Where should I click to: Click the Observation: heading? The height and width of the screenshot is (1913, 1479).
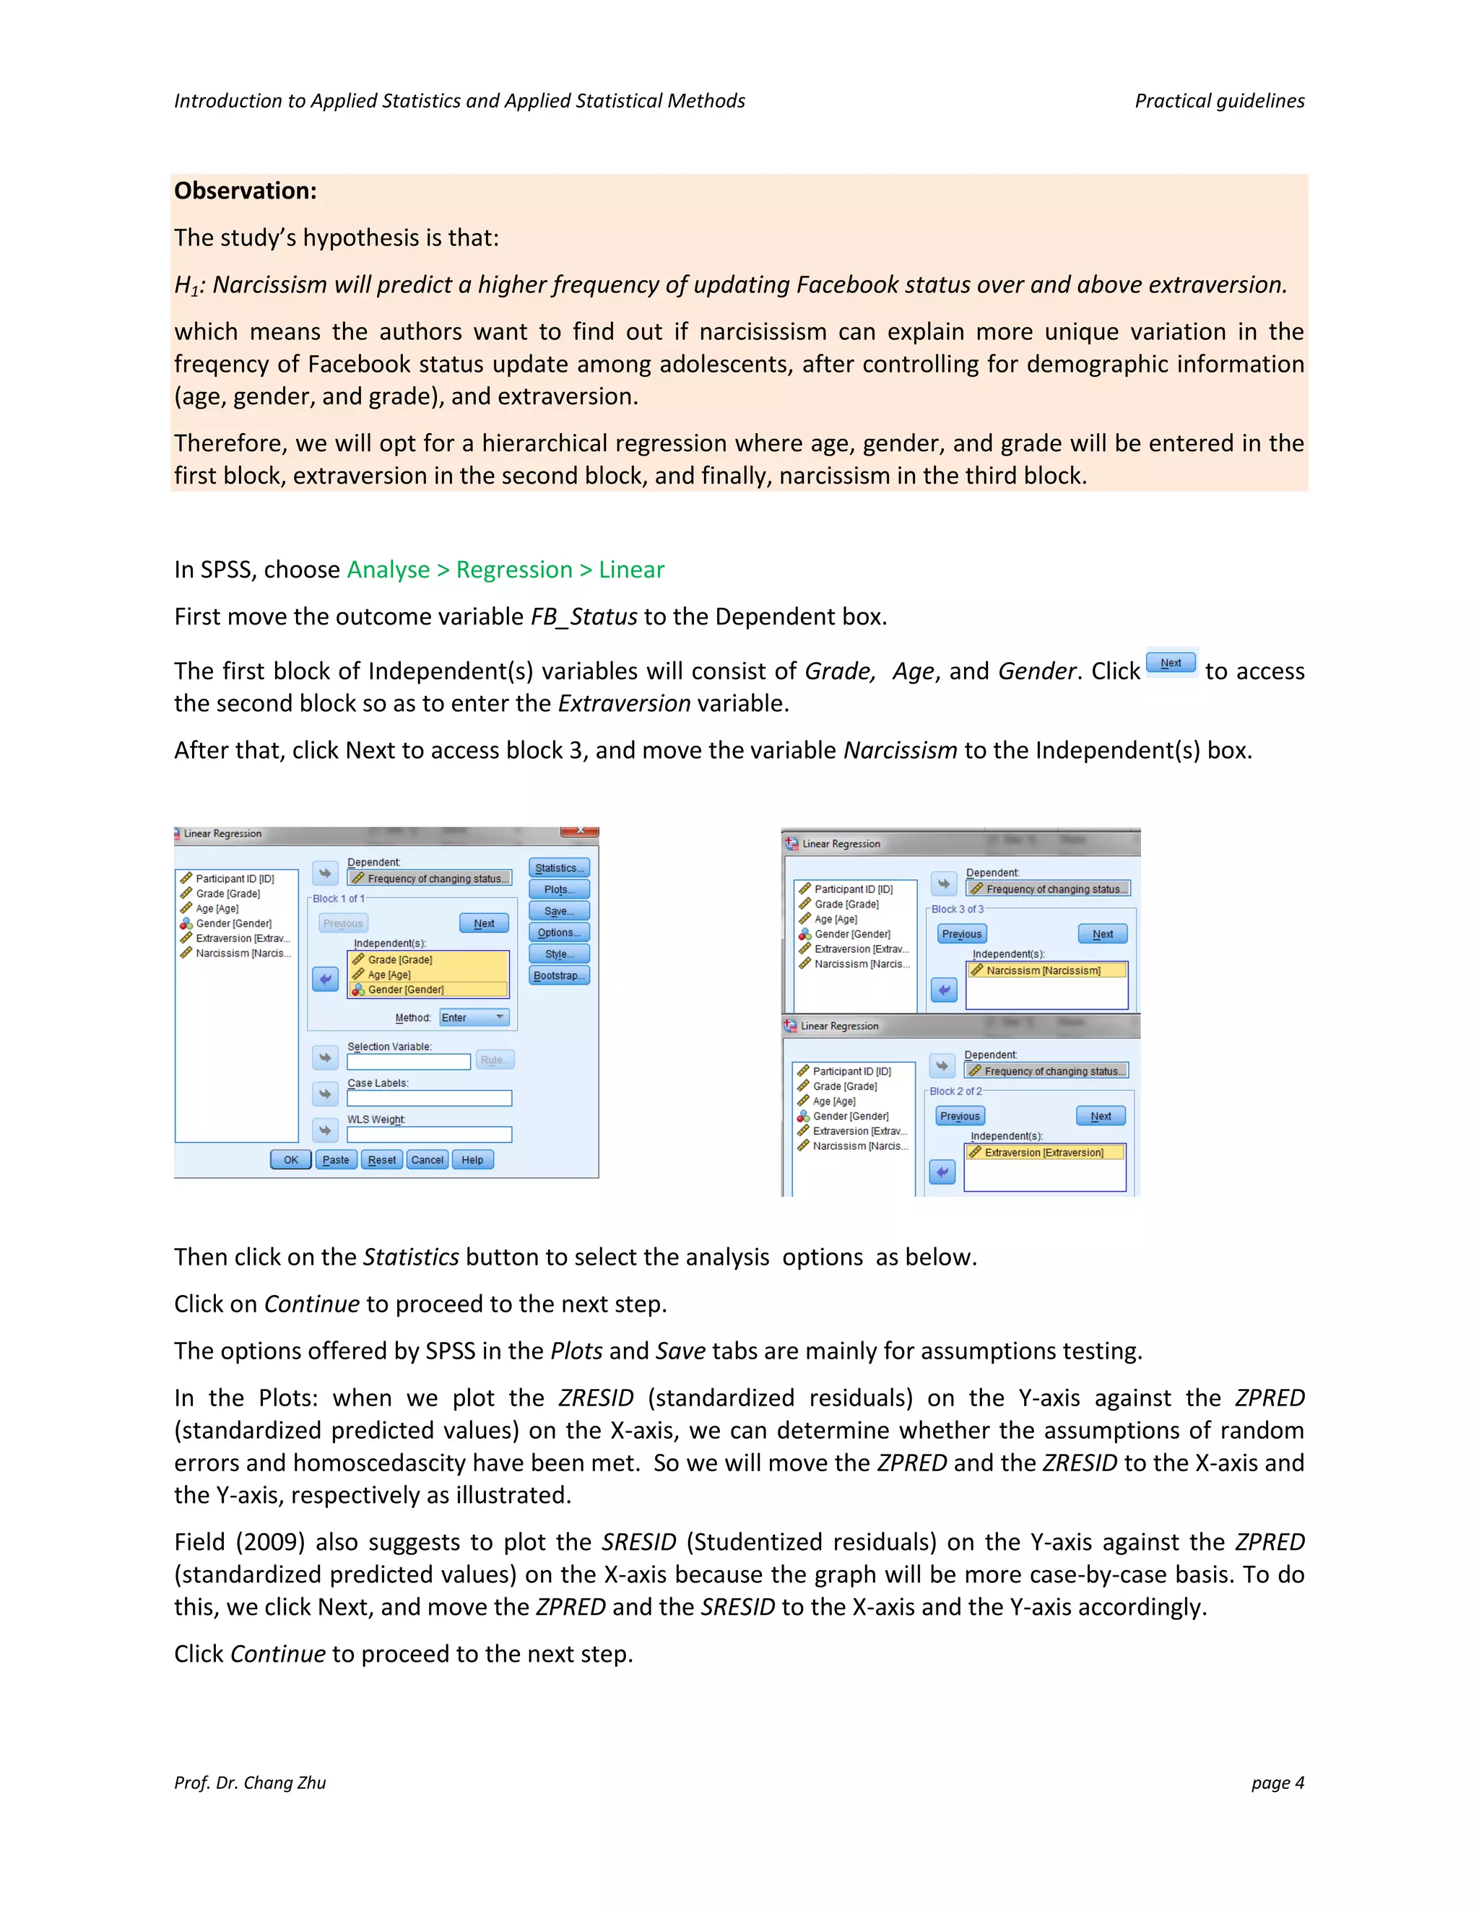click(x=246, y=191)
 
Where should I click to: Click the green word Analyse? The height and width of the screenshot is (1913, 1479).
click(x=388, y=570)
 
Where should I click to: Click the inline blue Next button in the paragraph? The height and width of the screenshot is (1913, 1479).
click(x=1171, y=663)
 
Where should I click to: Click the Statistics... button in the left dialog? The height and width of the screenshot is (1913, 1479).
click(x=559, y=868)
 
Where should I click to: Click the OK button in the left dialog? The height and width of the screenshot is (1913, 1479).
click(x=291, y=1160)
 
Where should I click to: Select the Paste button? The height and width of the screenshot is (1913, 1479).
click(x=336, y=1160)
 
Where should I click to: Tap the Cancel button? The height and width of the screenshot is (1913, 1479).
click(x=428, y=1160)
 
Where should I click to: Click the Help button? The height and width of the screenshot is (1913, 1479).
click(x=472, y=1160)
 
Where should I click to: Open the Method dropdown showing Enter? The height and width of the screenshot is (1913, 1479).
click(x=474, y=1018)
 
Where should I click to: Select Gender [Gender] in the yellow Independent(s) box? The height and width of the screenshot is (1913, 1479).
click(x=406, y=990)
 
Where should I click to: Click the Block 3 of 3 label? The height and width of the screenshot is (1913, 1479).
click(x=957, y=909)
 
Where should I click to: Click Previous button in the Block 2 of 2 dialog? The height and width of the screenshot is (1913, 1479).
click(x=960, y=1116)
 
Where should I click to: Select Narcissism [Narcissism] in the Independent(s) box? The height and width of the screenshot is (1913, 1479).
click(x=1043, y=970)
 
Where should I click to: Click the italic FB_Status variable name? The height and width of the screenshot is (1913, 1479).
click(x=584, y=616)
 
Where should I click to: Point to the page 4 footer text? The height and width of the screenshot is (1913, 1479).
click(x=1278, y=1782)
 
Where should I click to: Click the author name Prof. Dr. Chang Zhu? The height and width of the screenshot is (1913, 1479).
click(x=250, y=1782)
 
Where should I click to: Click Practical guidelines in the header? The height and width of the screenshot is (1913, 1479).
click(x=1219, y=101)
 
